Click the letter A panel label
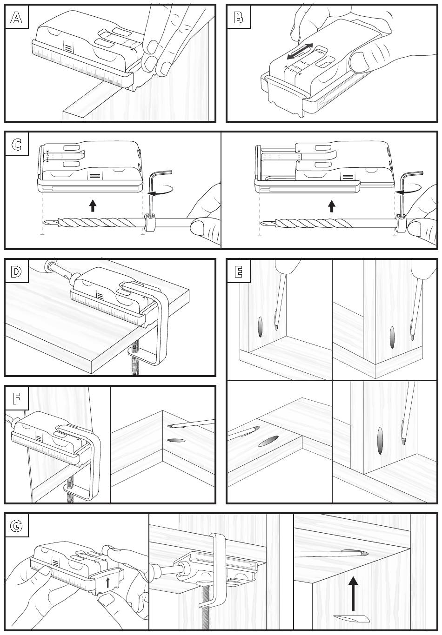[16, 18]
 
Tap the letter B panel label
[238, 18]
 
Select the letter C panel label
[16, 144]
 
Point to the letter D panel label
[16, 271]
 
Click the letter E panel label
[238, 271]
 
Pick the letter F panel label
[16, 398]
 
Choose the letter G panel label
[16, 525]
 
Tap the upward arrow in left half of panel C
[93, 205]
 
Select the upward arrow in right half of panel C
[331, 205]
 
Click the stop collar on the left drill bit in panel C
[149, 222]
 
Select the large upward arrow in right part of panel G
[354, 593]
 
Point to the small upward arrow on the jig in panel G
[108, 582]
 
